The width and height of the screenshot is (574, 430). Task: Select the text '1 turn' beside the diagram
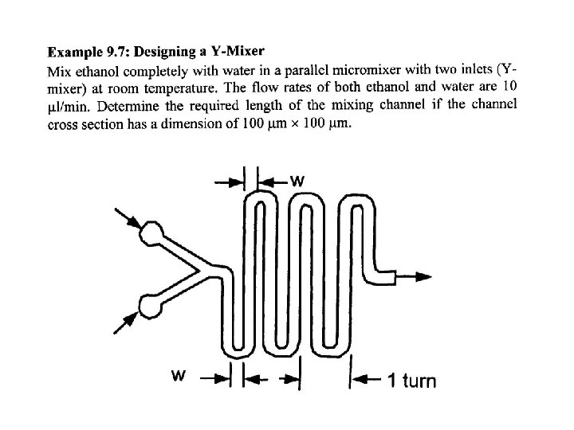pyautogui.click(x=412, y=381)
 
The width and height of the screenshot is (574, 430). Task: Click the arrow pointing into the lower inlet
pyautogui.click(x=125, y=320)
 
